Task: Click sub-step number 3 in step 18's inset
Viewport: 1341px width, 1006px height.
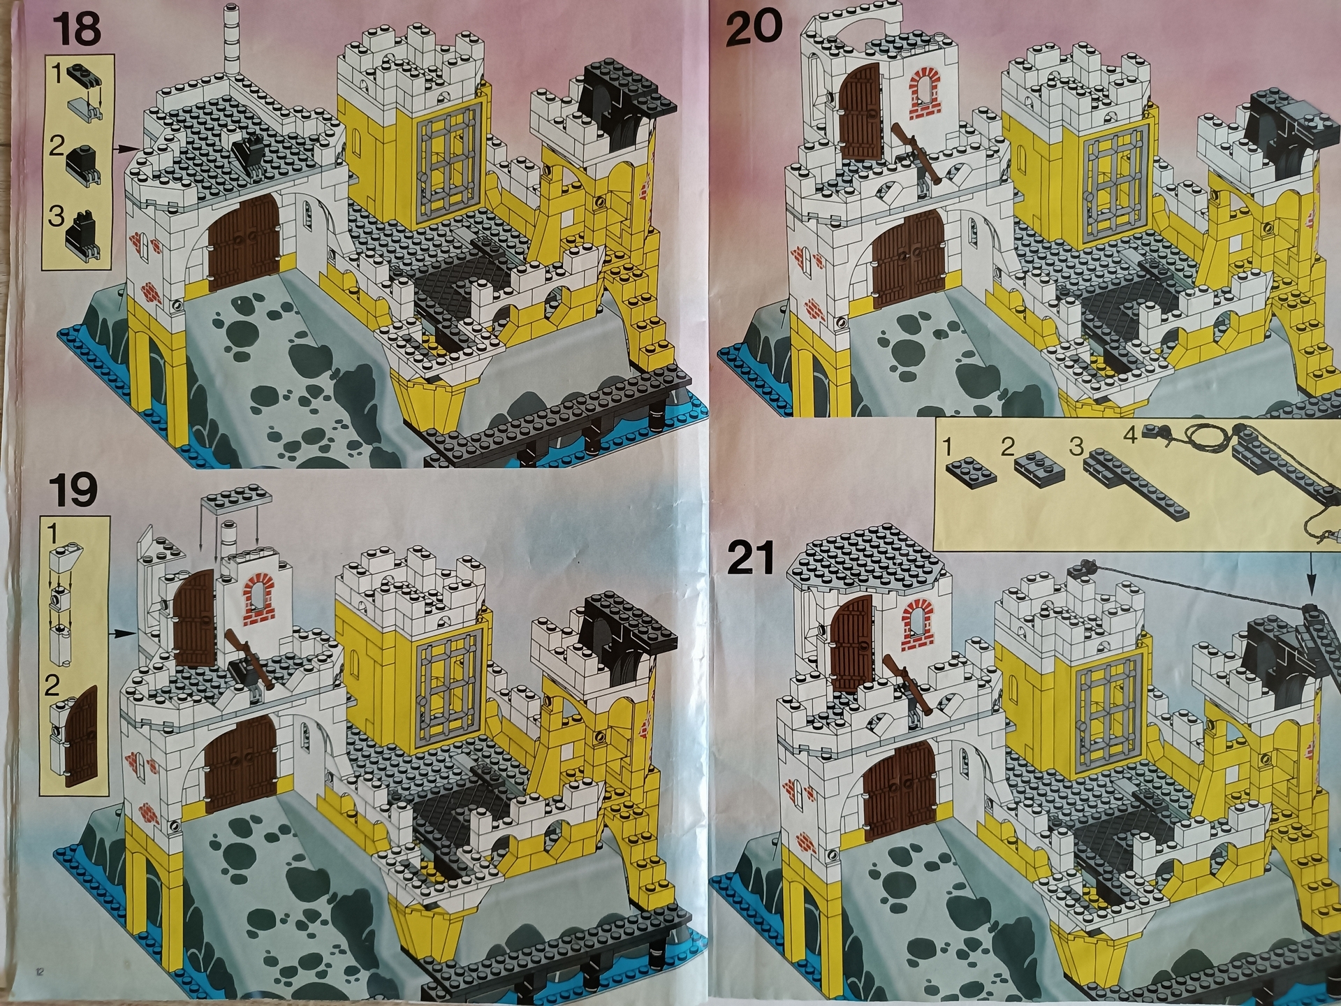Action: (56, 215)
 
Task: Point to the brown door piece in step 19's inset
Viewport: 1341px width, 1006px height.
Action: (80, 737)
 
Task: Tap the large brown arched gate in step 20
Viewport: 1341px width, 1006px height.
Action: (908, 261)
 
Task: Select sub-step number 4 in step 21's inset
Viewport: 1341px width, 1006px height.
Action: (1130, 435)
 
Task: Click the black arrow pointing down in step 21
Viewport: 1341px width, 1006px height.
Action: (1311, 573)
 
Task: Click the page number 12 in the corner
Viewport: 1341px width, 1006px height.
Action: (40, 970)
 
